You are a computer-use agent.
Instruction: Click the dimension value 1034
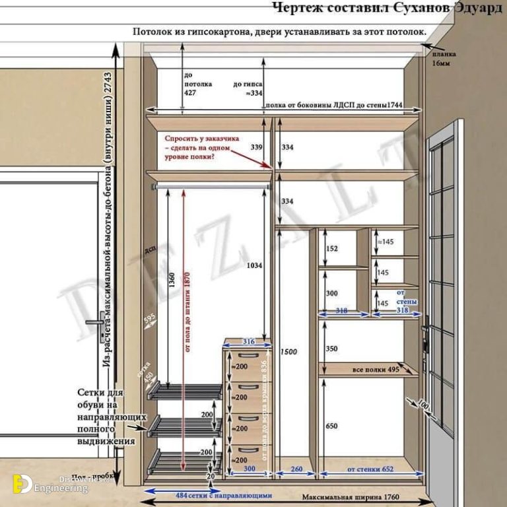point(253,265)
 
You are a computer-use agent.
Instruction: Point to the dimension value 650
point(331,426)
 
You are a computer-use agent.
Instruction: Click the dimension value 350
point(331,349)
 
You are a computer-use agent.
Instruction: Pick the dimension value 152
point(331,249)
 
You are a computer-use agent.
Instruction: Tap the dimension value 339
point(257,147)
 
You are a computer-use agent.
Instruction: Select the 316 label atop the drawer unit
point(248,341)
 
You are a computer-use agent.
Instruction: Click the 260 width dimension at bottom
point(296,469)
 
